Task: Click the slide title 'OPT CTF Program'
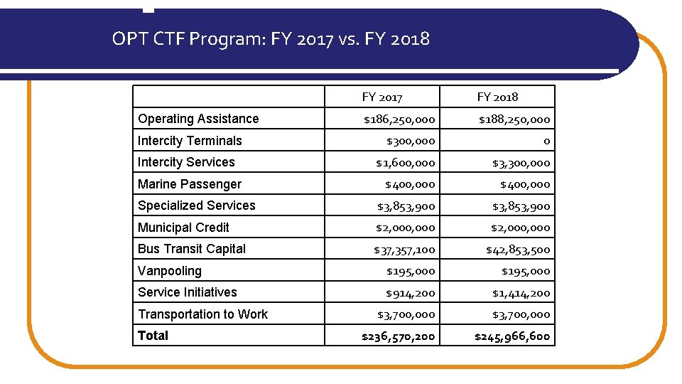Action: [271, 38]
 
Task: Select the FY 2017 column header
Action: [382, 97]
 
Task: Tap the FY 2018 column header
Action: [497, 97]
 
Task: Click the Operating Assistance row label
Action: [198, 119]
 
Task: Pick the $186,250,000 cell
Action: [399, 119]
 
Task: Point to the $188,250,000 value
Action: [514, 119]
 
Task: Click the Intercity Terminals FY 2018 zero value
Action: [546, 142]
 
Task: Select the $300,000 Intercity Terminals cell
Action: [410, 142]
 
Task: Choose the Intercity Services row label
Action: [186, 162]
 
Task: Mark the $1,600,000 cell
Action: [405, 163]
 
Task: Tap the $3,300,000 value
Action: [521, 163]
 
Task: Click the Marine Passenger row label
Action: [190, 184]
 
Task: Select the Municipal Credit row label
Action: [183, 228]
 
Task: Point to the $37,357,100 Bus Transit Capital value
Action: [404, 250]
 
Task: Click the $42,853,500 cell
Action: [518, 250]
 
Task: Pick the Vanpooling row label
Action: [170, 271]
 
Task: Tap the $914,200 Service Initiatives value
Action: [411, 293]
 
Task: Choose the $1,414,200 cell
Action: [521, 293]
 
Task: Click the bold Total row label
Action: [153, 336]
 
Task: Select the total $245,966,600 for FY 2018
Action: [512, 336]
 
